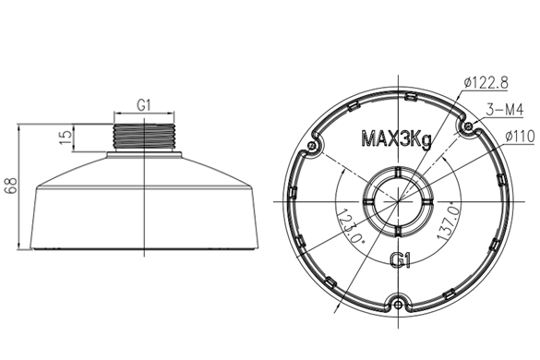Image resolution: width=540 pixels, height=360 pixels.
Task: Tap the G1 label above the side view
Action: coord(144,105)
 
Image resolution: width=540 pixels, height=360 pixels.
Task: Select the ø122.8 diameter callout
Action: coord(486,83)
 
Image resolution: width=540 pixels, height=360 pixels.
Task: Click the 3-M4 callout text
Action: coord(505,110)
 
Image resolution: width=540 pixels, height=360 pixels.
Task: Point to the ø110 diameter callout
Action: coord(520,137)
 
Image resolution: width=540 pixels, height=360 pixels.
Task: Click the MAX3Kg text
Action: coord(396,138)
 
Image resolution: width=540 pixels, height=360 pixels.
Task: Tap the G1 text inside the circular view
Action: coord(400,259)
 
